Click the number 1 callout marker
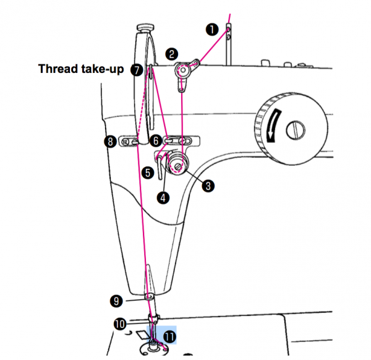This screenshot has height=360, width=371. click(212, 28)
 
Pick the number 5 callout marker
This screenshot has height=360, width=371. click(148, 173)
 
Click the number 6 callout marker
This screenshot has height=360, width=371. click(156, 142)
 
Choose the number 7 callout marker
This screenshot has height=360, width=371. click(137, 70)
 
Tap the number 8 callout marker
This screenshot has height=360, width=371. click(110, 142)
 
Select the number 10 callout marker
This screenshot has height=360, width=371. click(119, 324)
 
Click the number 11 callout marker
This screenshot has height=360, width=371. click(168, 336)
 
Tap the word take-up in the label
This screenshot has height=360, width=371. click(103, 69)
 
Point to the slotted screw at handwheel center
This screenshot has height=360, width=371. click(296, 131)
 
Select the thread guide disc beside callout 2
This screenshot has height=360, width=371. click(184, 71)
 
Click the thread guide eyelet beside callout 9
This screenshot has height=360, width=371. click(149, 298)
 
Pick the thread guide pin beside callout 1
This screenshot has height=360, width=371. click(228, 32)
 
